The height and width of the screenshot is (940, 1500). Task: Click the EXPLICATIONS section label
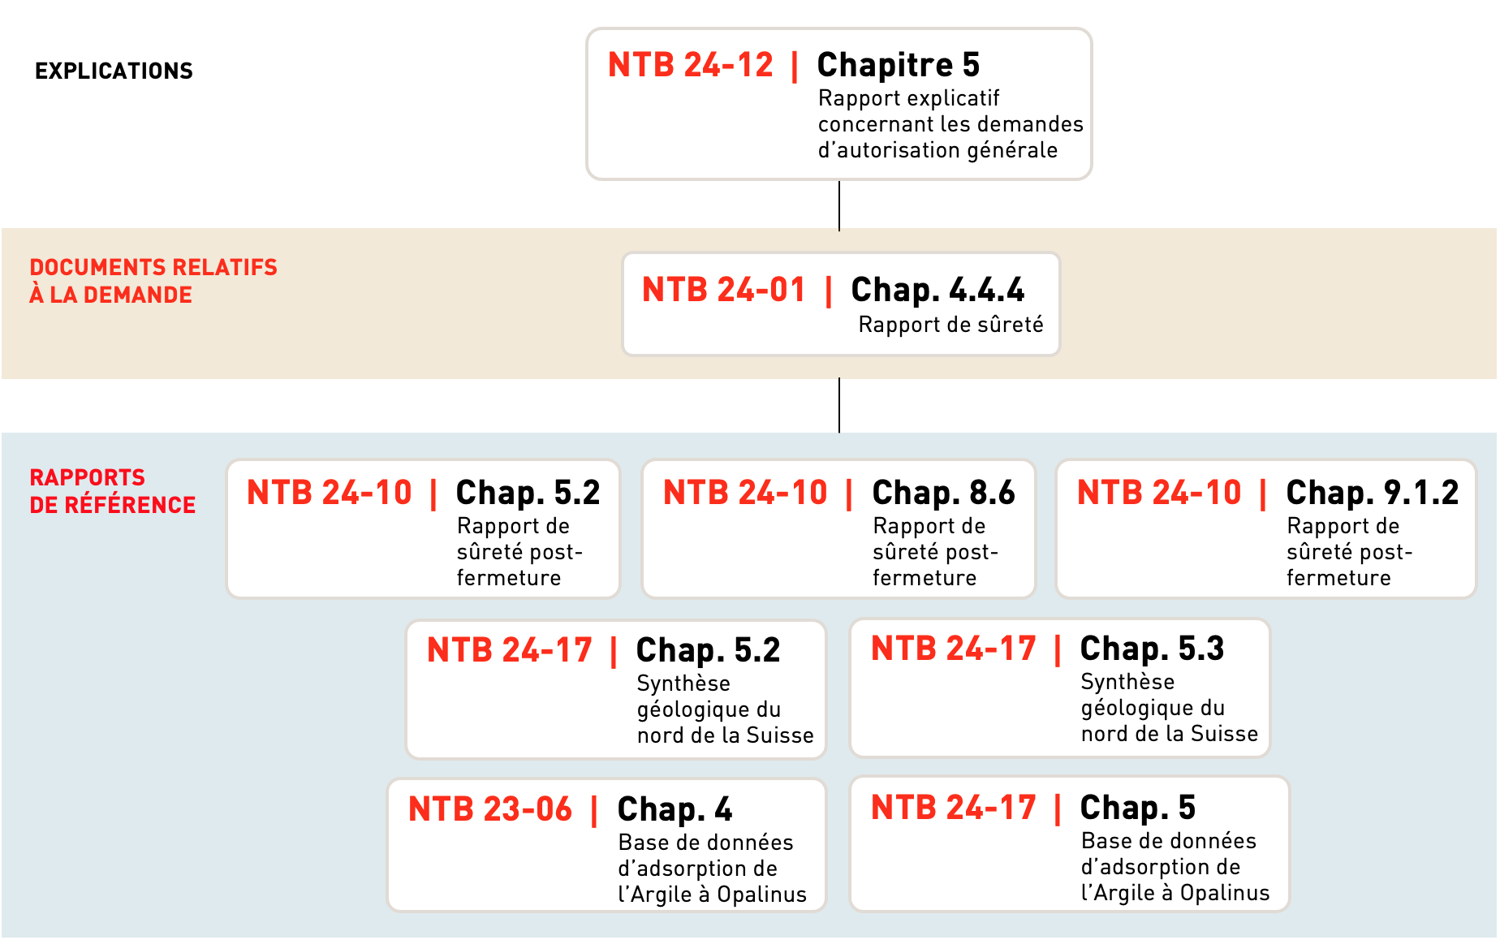pos(114,71)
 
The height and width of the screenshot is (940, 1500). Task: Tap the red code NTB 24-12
pos(691,65)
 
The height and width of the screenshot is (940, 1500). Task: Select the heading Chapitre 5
pos(898,65)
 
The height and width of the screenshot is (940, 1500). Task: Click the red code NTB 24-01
pos(724,290)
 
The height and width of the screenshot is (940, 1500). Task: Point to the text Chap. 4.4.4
pos(937,290)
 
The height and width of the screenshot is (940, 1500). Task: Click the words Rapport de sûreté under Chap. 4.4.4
pos(950,326)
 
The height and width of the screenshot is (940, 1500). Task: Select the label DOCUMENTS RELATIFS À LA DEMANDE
pos(153,281)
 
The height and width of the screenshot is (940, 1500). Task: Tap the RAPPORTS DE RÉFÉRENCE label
pos(112,491)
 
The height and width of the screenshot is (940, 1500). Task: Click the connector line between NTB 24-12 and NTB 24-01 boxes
pos(839,205)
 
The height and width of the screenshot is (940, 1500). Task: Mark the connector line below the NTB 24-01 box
pos(839,405)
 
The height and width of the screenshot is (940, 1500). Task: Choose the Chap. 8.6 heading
pos(943,493)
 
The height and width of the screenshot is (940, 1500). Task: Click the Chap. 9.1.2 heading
pos(1372,493)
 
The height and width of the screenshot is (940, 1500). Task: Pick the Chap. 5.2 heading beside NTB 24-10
pos(528,493)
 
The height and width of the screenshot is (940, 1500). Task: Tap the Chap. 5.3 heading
pos(1152,649)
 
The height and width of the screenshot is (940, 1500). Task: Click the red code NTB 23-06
pos(490,809)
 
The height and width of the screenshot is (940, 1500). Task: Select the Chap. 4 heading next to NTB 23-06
pos(675,809)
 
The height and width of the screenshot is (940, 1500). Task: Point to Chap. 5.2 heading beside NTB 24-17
pos(708,650)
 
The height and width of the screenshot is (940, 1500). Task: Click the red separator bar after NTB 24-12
pos(795,66)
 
